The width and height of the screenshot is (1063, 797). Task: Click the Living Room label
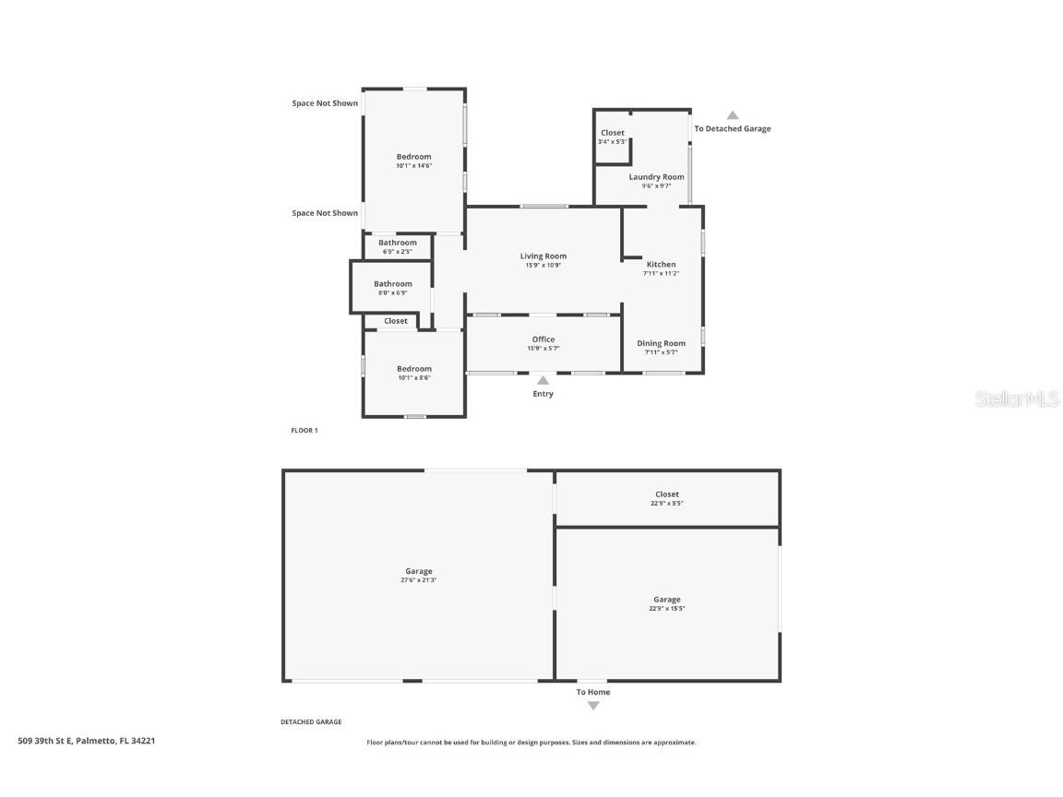(x=543, y=256)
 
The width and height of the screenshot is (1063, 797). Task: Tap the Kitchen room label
(x=661, y=265)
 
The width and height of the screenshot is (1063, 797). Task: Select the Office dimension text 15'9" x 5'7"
(x=543, y=349)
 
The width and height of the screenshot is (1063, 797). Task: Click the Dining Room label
(x=661, y=343)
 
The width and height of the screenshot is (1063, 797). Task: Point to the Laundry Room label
(x=656, y=177)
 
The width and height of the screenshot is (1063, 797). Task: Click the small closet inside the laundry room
(x=612, y=137)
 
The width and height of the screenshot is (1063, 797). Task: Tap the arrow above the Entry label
(x=543, y=379)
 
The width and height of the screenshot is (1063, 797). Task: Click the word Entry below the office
(x=543, y=394)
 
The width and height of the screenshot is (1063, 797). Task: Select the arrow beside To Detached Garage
(x=732, y=115)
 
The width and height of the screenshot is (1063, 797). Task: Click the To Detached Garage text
(x=732, y=129)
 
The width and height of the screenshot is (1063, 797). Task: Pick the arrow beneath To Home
(x=593, y=706)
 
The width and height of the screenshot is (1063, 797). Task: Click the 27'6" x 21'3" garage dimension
(x=418, y=580)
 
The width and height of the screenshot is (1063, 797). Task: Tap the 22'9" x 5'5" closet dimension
(x=666, y=505)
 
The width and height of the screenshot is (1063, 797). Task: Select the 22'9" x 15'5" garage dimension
(x=666, y=609)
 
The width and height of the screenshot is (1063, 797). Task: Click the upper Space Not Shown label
(x=325, y=103)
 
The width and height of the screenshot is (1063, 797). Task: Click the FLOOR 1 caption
(x=304, y=431)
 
